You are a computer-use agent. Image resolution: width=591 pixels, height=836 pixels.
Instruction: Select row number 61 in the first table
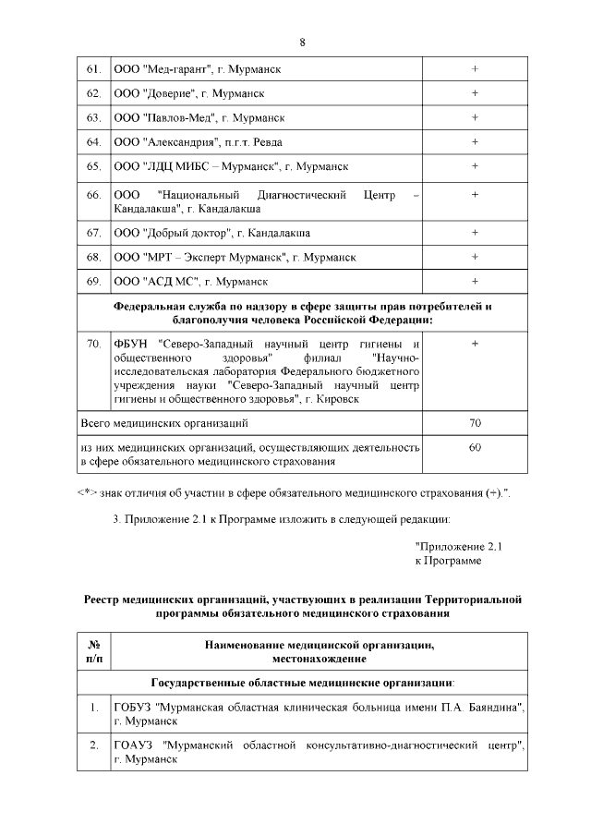click(x=93, y=69)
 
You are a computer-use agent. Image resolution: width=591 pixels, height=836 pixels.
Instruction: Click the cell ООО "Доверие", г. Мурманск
click(x=190, y=93)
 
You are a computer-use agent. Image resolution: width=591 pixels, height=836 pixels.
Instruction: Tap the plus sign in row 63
click(x=475, y=117)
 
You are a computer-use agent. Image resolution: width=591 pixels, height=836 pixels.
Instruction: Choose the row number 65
click(x=93, y=166)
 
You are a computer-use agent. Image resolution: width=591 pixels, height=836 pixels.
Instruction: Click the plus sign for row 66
click(x=475, y=195)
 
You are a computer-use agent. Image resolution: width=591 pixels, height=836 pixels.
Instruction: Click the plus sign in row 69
click(x=475, y=280)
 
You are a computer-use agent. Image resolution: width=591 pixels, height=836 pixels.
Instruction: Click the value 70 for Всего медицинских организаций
click(x=475, y=423)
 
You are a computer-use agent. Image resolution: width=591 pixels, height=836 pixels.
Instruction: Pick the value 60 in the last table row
click(x=475, y=447)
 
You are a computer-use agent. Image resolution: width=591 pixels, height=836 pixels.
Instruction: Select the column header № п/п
click(x=93, y=651)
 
